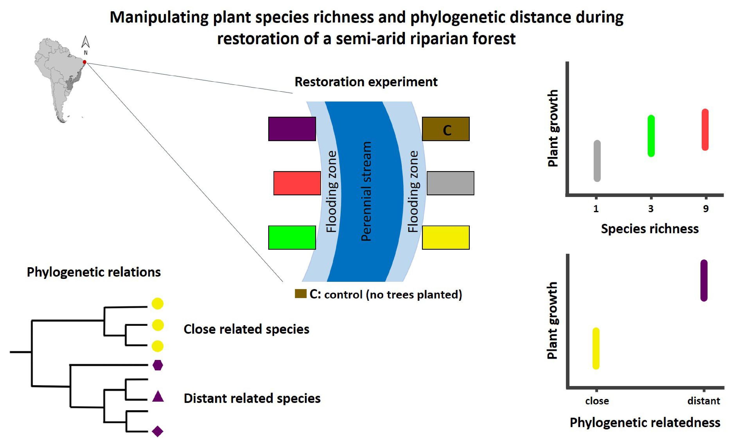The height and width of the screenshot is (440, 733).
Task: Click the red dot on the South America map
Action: [x=84, y=62]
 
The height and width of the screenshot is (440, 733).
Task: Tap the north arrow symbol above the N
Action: [x=86, y=42]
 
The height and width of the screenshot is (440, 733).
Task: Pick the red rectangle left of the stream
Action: [x=297, y=183]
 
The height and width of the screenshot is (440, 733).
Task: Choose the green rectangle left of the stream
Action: [x=292, y=237]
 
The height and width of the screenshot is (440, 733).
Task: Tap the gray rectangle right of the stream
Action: [x=450, y=183]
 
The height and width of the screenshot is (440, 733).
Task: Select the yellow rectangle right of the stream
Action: [x=446, y=237]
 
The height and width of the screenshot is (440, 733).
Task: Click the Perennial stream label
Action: [x=366, y=191]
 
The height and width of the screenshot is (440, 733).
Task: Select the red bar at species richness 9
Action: [x=705, y=130]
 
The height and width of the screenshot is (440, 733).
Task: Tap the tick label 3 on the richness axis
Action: [x=651, y=209]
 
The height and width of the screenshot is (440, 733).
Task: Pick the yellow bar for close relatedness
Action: [x=596, y=348]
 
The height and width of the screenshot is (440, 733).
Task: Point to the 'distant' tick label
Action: [x=704, y=401]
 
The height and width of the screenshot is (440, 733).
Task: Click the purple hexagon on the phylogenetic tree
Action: [x=157, y=365]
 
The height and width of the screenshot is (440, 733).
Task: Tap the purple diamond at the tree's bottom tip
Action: [x=157, y=431]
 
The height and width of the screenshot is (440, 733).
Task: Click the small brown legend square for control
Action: [x=301, y=293]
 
